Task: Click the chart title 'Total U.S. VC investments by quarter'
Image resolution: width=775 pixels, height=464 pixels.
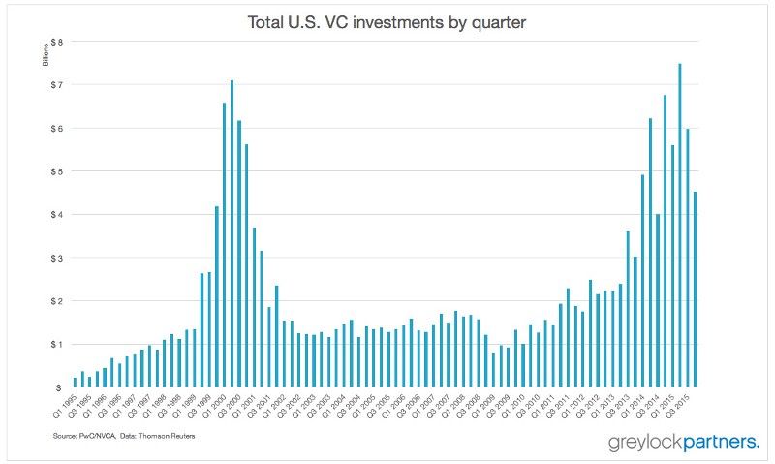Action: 387,19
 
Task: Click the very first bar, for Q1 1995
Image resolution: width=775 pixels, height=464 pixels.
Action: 76,382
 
